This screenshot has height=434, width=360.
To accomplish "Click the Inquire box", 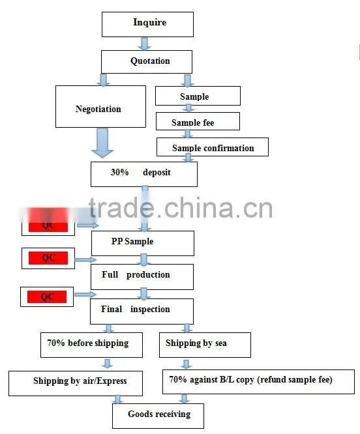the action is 147,24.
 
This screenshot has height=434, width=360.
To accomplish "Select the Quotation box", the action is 147,62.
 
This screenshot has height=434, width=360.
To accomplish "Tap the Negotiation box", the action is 100,107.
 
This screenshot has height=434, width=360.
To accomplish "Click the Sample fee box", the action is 198,121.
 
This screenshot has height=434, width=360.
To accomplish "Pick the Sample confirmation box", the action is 213,147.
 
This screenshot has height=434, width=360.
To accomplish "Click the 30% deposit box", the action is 144,174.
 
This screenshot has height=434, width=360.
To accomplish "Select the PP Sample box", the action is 143,243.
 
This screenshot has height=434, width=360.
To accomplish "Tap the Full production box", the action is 142,277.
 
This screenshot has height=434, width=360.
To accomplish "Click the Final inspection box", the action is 142,311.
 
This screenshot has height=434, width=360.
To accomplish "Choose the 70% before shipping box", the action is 91,345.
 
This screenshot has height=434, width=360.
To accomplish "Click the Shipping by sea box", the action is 205,345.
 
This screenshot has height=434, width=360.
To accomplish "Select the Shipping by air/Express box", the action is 76,383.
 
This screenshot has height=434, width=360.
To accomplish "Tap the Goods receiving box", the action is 158,416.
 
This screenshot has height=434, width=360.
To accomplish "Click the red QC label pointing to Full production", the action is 48,258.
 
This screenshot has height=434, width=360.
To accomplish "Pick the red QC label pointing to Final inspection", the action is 47,297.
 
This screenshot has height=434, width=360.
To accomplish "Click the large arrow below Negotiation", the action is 103,143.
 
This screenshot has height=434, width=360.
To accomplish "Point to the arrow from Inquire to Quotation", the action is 145,44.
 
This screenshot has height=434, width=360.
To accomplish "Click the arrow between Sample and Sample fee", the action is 188,108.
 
